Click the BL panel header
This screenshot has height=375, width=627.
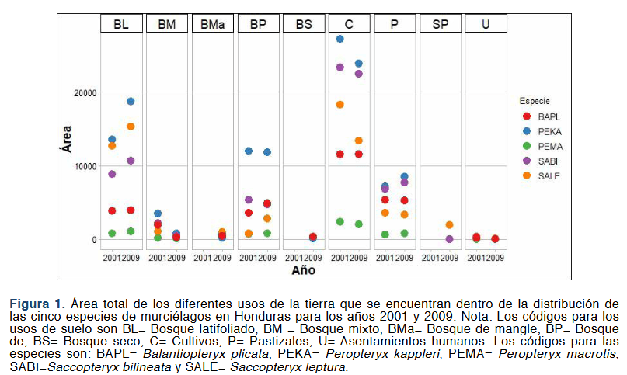tap(122, 24)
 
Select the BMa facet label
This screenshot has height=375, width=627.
tap(212, 24)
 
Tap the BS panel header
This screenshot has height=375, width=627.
tap(304, 24)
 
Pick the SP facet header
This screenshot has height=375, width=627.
tap(440, 24)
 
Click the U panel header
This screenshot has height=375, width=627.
tap(486, 24)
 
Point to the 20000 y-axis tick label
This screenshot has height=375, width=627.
tap(83, 92)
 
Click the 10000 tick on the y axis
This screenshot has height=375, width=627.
tap(83, 166)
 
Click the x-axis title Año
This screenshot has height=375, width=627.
tap(304, 271)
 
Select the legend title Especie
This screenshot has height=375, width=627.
tap(535, 101)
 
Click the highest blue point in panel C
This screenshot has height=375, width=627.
tap(340, 39)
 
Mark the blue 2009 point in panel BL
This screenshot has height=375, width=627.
tap(131, 102)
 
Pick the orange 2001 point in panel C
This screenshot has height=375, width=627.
tap(340, 105)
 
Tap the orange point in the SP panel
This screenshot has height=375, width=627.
tap(449, 225)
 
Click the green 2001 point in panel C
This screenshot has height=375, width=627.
tap(340, 222)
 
